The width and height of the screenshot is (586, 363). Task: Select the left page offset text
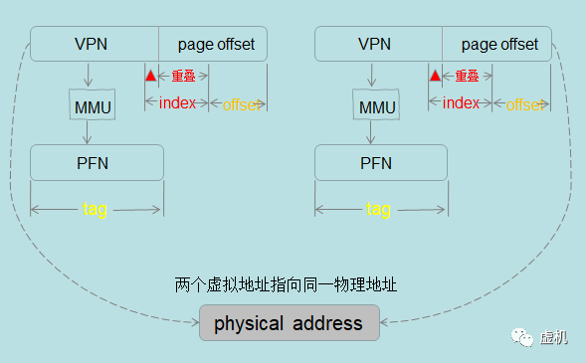tap(216, 45)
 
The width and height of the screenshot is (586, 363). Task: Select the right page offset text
tap(499, 45)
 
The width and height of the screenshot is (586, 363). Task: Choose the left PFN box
tap(97, 163)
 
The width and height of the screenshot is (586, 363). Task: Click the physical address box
tap(289, 324)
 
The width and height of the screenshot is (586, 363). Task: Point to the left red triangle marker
tap(150, 76)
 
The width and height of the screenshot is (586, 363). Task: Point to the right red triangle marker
tap(434, 76)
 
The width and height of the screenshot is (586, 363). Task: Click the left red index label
tap(177, 103)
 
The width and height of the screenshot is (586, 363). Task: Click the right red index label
tap(461, 103)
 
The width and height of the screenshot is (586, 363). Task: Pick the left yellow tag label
tap(95, 209)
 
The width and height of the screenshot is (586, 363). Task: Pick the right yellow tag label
tap(378, 209)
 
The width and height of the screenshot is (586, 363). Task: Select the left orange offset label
tap(239, 104)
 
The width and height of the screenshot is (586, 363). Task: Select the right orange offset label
tap(523, 104)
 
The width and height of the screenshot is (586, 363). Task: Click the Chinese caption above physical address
tap(286, 285)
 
